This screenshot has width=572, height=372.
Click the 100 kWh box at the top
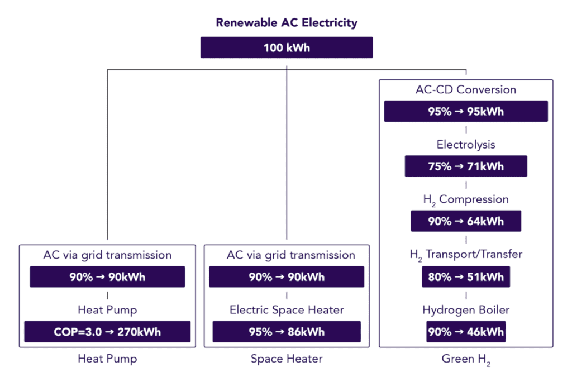pos(287,47)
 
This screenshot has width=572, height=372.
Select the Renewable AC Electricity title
pos(287,23)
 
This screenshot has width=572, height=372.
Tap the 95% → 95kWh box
pos(466,111)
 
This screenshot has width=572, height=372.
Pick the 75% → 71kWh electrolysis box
pos(466,166)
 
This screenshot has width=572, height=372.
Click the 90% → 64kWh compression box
pos(466,221)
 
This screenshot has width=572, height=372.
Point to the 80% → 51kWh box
pos(466,276)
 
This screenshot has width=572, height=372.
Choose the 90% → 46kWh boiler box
pos(466,331)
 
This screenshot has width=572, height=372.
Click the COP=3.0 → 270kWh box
pos(107,332)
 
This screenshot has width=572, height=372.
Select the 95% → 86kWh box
pos(287,332)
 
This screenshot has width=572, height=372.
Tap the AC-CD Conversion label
pos(466,90)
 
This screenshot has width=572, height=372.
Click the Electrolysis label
pos(466,145)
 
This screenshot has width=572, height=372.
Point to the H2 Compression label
pos(466,199)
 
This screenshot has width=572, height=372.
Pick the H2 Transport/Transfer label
pos(466,255)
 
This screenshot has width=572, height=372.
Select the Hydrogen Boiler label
pos(466,309)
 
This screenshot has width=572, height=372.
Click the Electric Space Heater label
pos(287,309)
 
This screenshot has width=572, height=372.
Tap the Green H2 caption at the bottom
pos(466,359)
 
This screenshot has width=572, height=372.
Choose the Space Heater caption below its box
pos(287,359)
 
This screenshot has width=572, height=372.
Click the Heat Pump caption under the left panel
pos(107,359)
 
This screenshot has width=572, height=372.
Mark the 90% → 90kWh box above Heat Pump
pos(107,277)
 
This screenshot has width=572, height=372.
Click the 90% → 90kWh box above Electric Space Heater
pos(287,277)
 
